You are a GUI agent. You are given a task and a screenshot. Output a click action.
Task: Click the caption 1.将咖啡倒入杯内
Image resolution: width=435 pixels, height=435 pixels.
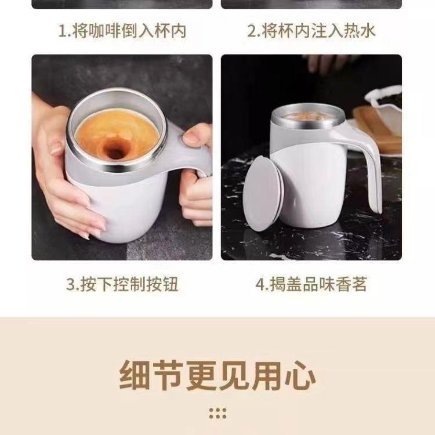pyautogui.click(x=122, y=31)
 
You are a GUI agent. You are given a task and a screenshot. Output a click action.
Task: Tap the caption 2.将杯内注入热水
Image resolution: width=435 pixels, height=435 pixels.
pyautogui.click(x=311, y=31)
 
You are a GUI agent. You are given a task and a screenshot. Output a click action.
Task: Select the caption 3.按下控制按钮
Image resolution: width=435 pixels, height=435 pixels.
pyautogui.click(x=122, y=284)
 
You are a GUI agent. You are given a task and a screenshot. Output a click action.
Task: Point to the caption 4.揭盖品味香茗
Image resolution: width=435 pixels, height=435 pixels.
pyautogui.click(x=311, y=284)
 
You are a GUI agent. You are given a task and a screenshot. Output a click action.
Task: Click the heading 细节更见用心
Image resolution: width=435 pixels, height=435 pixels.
pyautogui.click(x=217, y=375)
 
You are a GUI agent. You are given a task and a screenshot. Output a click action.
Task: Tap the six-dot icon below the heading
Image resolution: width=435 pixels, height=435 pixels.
pyautogui.click(x=217, y=414)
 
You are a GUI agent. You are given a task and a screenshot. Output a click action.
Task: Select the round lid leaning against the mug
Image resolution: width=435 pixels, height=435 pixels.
pyautogui.click(x=262, y=194)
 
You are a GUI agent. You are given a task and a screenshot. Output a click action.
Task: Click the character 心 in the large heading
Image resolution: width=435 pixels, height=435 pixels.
pyautogui.click(x=300, y=375)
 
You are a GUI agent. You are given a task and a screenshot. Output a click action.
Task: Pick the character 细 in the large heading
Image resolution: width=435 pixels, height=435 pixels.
pyautogui.click(x=135, y=375)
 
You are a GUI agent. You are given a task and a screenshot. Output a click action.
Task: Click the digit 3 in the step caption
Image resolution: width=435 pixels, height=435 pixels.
pyautogui.click(x=70, y=284)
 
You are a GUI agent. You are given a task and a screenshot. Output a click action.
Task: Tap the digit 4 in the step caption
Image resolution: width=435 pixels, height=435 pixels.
pyautogui.click(x=260, y=284)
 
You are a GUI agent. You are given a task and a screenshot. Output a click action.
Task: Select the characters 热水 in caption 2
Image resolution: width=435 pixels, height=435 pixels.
pyautogui.click(x=360, y=31)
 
